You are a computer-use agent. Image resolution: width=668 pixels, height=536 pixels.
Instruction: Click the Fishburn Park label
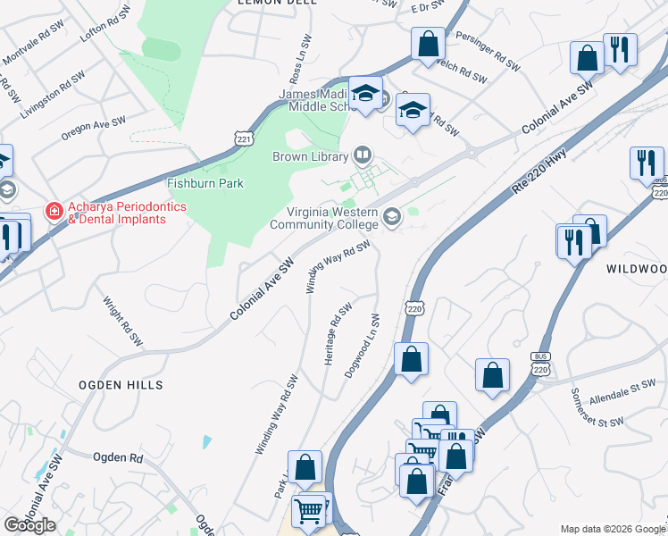(205, 183)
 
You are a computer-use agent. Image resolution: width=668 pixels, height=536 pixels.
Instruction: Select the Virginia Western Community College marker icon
(391, 217)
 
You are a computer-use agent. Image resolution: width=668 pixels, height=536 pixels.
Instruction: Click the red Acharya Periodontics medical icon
(54, 212)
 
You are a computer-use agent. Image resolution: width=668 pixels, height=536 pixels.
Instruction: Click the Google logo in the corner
(29, 525)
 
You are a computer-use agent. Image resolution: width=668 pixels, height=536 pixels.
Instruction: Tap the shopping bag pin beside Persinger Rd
(429, 44)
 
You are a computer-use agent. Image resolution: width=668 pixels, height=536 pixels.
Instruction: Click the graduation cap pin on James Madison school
(365, 93)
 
